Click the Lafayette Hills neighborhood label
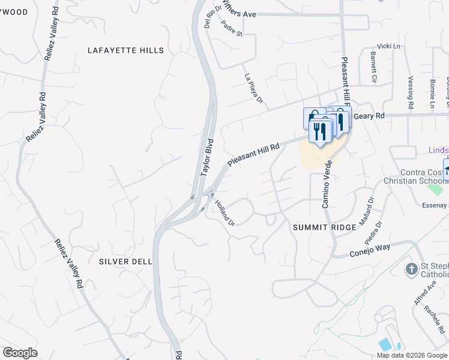click(x=125, y=50)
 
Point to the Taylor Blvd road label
click(x=207, y=157)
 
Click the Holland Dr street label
click(x=224, y=213)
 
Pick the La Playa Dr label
click(x=254, y=88)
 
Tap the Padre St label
click(x=231, y=28)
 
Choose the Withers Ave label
click(x=239, y=13)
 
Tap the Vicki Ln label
click(x=388, y=46)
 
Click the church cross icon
click(x=411, y=268)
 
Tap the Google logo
click(x=20, y=353)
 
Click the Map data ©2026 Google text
click(x=411, y=355)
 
